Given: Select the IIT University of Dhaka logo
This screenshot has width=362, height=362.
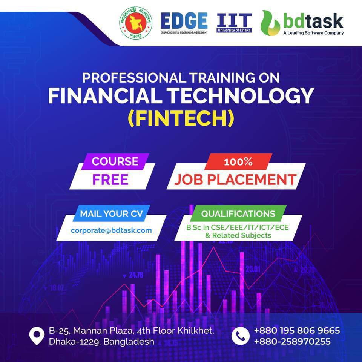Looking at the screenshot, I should click(x=234, y=22).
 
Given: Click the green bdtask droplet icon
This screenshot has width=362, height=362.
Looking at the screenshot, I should click(x=270, y=23).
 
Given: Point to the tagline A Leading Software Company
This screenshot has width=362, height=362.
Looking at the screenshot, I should click(x=313, y=33).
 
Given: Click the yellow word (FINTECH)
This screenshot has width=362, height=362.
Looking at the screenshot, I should click(x=181, y=118).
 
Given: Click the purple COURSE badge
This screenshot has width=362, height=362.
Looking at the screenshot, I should click(x=115, y=161).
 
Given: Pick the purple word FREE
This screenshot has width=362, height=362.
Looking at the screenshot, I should click(x=110, y=179).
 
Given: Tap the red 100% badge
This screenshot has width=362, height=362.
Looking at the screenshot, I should click(x=238, y=162).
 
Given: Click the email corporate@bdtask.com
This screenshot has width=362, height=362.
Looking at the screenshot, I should click(x=111, y=230).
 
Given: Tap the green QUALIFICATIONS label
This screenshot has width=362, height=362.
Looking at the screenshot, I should click(x=238, y=214).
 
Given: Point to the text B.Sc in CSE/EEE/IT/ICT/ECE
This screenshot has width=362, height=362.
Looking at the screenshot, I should click(x=237, y=228).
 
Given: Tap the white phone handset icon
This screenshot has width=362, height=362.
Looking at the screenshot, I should click(x=240, y=336).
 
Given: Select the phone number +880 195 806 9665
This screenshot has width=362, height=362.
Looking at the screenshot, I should click(x=297, y=331).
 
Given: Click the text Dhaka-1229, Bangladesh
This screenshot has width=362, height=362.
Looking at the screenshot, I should click(x=101, y=342).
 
